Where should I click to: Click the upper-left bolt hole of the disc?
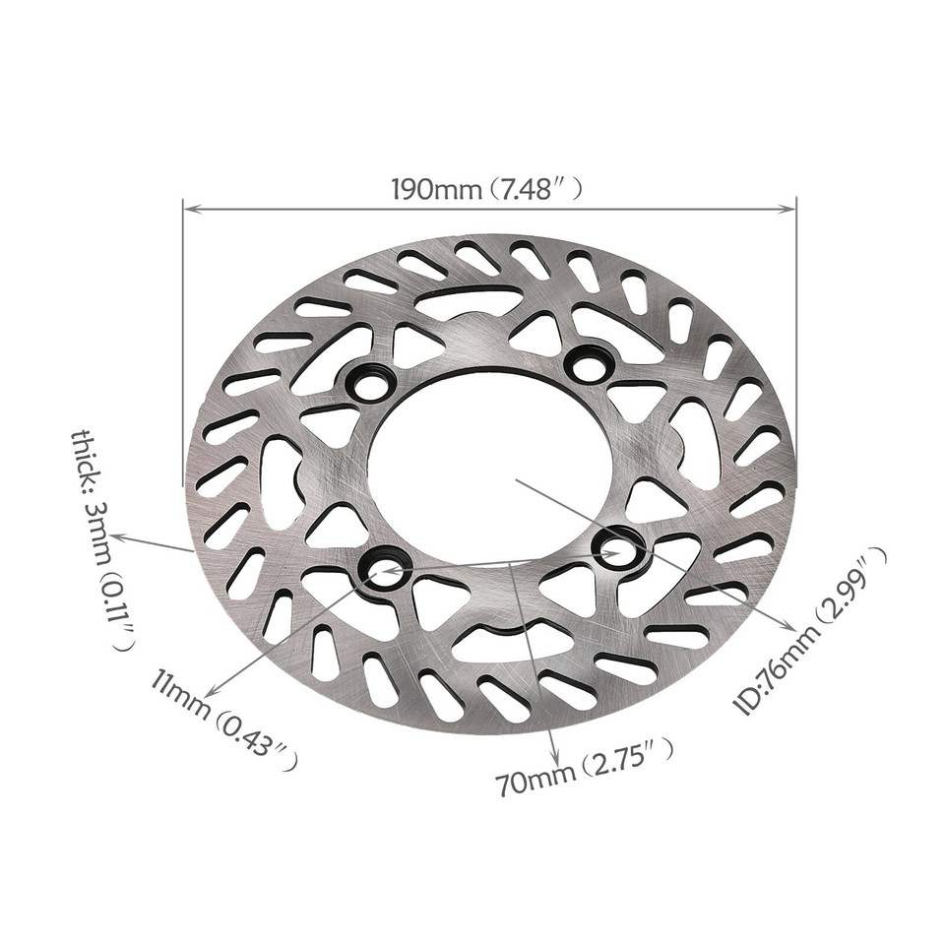click(x=370, y=384)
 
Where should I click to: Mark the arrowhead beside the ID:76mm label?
click(x=787, y=627)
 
